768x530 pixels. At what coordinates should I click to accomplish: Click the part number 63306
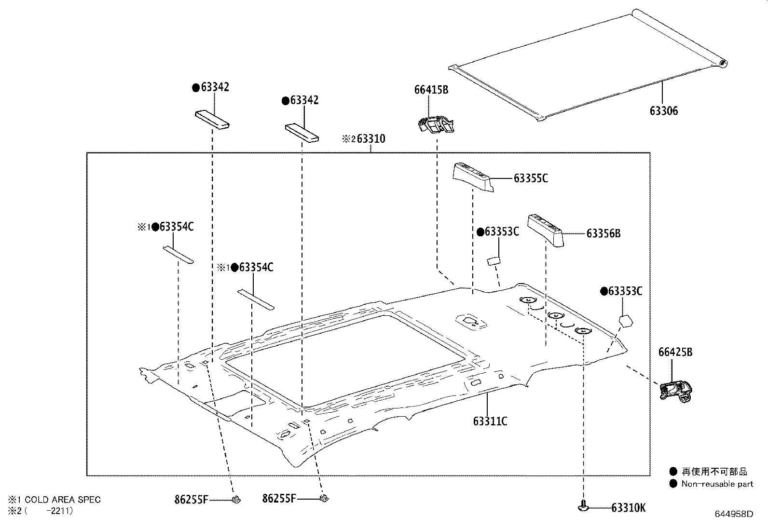[x=663, y=111]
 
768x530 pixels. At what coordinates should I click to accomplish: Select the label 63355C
[x=531, y=178]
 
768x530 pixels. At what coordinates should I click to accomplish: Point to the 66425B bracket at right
[x=676, y=389]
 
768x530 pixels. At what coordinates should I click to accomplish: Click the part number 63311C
[x=490, y=421]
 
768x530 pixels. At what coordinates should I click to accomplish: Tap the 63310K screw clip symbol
[x=584, y=507]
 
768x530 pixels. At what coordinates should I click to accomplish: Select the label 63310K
[x=628, y=507]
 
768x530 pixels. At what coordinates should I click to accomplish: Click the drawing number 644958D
[x=733, y=514]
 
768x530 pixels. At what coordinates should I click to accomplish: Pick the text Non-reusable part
[x=717, y=484]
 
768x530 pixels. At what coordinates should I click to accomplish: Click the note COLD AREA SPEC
[x=63, y=500]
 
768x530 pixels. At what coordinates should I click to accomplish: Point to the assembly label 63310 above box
[x=370, y=139]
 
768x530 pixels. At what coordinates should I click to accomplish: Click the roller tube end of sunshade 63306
[x=722, y=63]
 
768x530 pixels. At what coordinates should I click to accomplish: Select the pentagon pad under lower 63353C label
[x=625, y=320]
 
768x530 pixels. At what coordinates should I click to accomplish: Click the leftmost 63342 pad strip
[x=212, y=120]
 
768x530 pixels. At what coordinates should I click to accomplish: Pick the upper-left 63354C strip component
[x=178, y=254]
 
